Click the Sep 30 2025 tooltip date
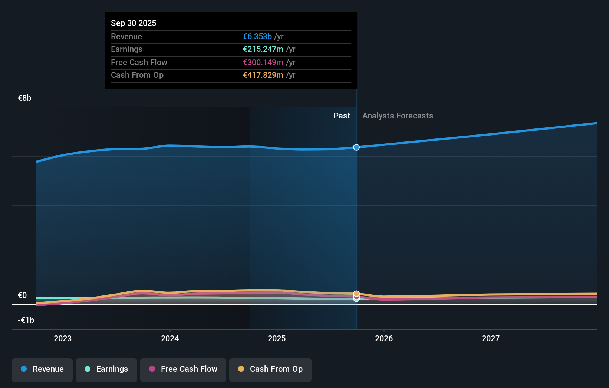pyautogui.click(x=134, y=23)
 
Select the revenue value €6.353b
pyautogui.click(x=257, y=36)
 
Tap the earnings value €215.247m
pyautogui.click(x=263, y=49)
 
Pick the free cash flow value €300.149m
pyautogui.click(x=263, y=62)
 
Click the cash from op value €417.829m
pyautogui.click(x=263, y=75)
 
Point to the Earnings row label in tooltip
pyautogui.click(x=126, y=49)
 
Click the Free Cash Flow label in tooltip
pyautogui.click(x=139, y=62)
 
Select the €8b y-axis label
pyautogui.click(x=24, y=98)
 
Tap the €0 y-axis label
pyautogui.click(x=22, y=295)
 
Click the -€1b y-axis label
pyautogui.click(x=26, y=320)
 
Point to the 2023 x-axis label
pyautogui.click(x=63, y=338)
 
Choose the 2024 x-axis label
pyautogui.click(x=170, y=338)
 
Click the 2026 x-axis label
pyautogui.click(x=384, y=338)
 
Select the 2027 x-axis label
pyautogui.click(x=491, y=338)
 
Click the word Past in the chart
pyautogui.click(x=342, y=116)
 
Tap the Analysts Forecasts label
pyautogui.click(x=398, y=116)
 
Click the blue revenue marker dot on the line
pyautogui.click(x=356, y=147)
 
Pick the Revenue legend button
pyautogui.click(x=42, y=369)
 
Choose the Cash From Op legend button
pyautogui.click(x=270, y=369)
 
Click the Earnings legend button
pyautogui.click(x=106, y=369)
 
